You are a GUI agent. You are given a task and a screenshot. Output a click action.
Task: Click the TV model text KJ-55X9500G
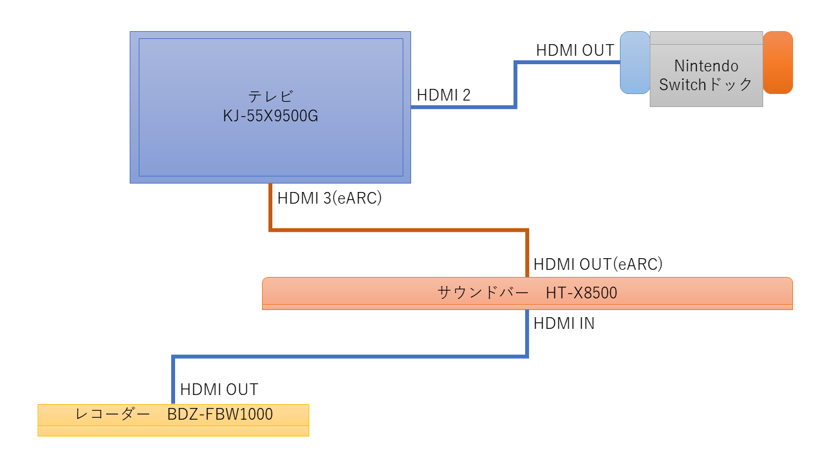tap(270, 116)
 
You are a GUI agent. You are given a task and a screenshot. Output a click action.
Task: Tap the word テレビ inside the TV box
tap(270, 97)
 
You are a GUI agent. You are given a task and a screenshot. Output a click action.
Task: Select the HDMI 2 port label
tap(444, 95)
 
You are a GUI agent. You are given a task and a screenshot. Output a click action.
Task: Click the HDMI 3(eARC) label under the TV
tap(329, 198)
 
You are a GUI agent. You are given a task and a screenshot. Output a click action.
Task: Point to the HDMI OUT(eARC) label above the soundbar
tap(598, 264)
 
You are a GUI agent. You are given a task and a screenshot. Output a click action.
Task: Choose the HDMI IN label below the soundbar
tap(564, 324)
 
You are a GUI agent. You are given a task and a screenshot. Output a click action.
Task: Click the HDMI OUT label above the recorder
tap(219, 390)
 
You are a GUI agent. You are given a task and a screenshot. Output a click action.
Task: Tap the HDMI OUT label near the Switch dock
tap(575, 51)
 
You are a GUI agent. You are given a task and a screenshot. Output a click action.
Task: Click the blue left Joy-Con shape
tap(635, 62)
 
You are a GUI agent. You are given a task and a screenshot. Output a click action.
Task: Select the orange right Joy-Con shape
tap(777, 62)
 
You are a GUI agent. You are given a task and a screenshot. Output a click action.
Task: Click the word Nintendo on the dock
tap(706, 66)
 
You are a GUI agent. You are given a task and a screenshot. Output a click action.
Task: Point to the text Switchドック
tap(705, 84)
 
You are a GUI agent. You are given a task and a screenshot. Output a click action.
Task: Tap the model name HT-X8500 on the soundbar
tap(582, 293)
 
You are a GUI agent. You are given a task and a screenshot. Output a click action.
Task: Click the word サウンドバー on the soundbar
tap(483, 293)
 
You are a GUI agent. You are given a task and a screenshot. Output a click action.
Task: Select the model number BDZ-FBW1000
tap(220, 414)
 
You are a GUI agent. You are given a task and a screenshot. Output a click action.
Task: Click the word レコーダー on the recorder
tap(112, 414)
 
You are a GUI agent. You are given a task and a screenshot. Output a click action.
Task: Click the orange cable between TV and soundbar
tap(399, 230)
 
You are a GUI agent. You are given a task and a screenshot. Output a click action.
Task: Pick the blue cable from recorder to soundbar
tap(350, 357)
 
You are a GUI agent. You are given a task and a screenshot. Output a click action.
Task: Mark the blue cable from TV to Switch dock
tap(516, 84)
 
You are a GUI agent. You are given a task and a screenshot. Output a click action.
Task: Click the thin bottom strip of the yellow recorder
tap(173, 431)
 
